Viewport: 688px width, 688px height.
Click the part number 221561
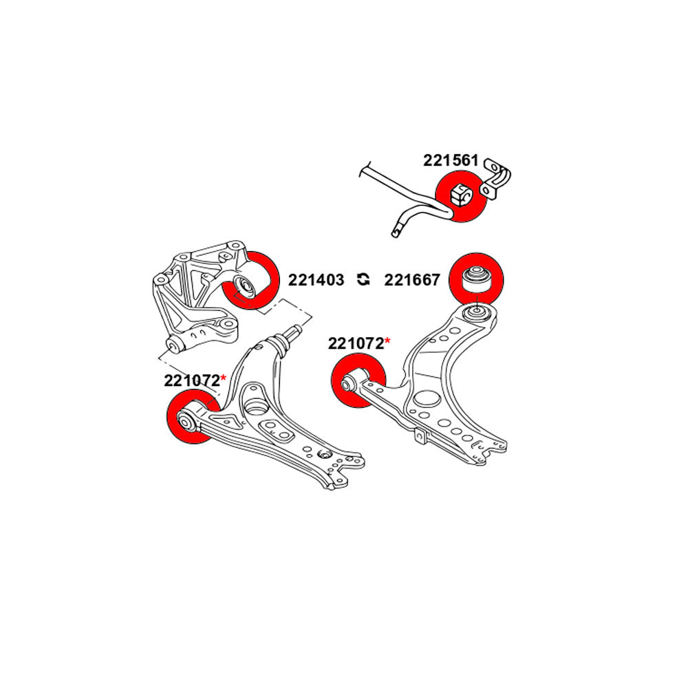click(x=451, y=160)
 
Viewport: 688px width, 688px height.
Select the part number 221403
click(x=316, y=280)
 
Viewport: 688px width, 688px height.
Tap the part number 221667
click(x=411, y=280)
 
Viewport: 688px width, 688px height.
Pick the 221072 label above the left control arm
click(x=191, y=380)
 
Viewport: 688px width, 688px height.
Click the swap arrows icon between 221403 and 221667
click(x=364, y=279)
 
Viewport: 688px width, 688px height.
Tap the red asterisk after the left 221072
click(x=223, y=379)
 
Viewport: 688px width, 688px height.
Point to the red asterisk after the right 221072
click(x=387, y=342)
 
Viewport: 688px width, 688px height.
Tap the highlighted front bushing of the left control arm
click(x=186, y=420)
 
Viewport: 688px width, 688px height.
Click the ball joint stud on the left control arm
click(x=292, y=332)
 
